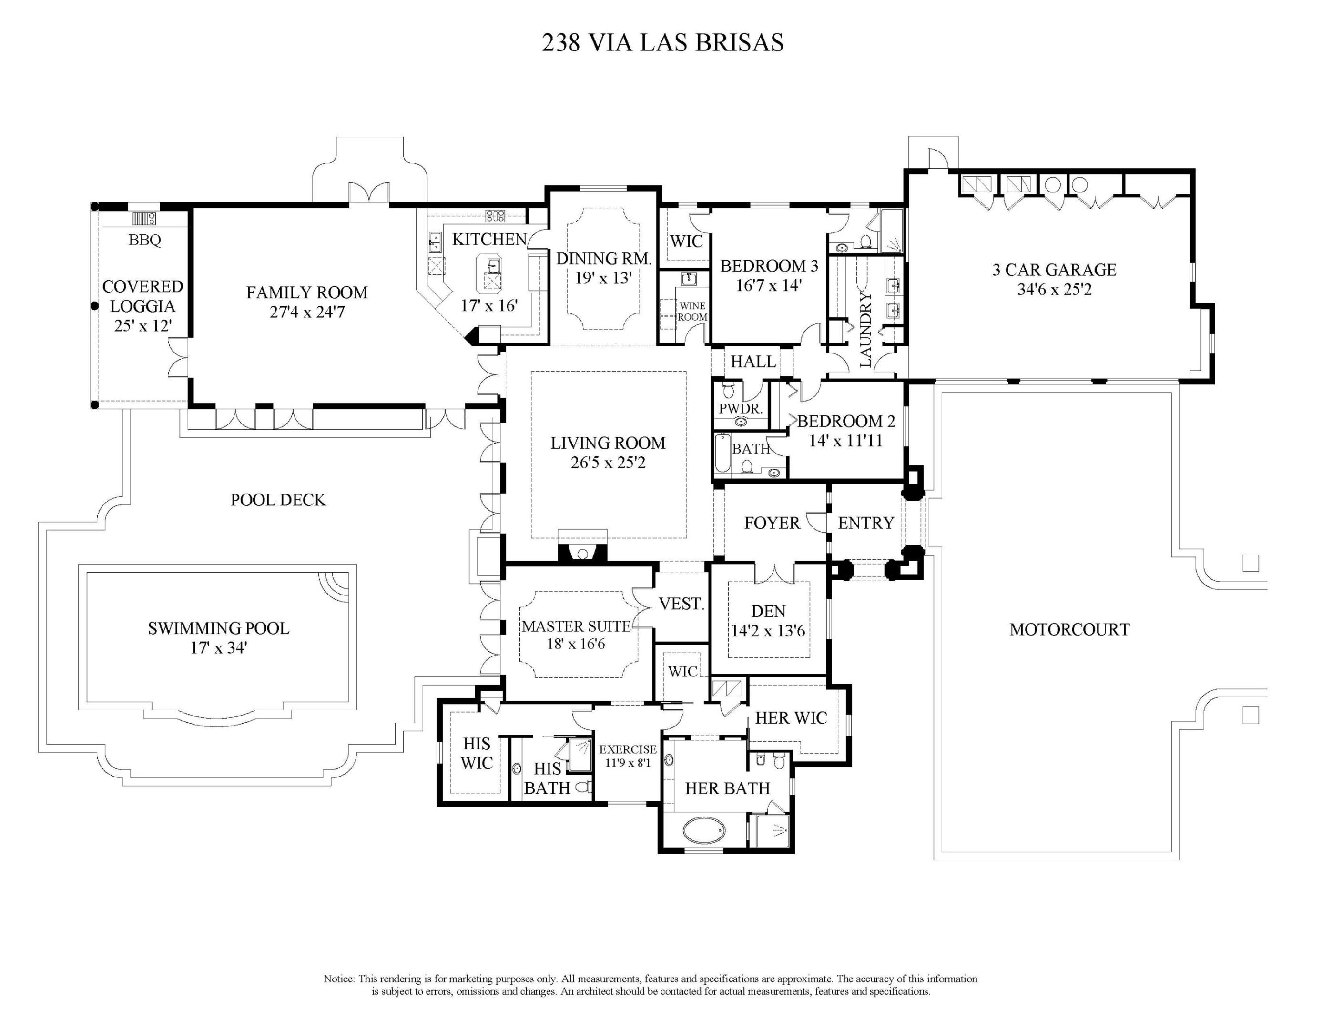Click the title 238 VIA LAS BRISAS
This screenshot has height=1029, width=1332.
coord(662,43)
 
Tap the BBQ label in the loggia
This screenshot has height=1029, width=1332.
coord(144,240)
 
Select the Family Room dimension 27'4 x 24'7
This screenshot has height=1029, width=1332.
coord(307,312)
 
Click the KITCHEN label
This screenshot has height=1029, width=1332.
coord(489,239)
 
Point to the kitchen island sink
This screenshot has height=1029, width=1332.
coord(493,266)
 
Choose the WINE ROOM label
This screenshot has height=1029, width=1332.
coord(692,312)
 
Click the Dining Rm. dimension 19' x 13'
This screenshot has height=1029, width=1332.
coord(603,278)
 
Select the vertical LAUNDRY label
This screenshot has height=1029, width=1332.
coord(865,329)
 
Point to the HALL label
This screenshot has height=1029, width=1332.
coord(753,362)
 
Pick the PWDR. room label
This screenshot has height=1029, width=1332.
coord(741,408)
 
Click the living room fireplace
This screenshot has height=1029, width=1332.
coord(582,552)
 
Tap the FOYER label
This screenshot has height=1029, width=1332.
coord(772,523)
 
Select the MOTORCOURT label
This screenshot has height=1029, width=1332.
coord(1069,629)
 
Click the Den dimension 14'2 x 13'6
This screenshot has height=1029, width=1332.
coord(768,631)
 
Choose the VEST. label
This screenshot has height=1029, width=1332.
coord(681,604)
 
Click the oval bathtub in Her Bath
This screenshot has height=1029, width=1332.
coord(704,830)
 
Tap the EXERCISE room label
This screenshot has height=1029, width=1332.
coord(628,749)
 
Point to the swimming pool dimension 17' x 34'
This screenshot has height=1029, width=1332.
coord(218,647)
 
